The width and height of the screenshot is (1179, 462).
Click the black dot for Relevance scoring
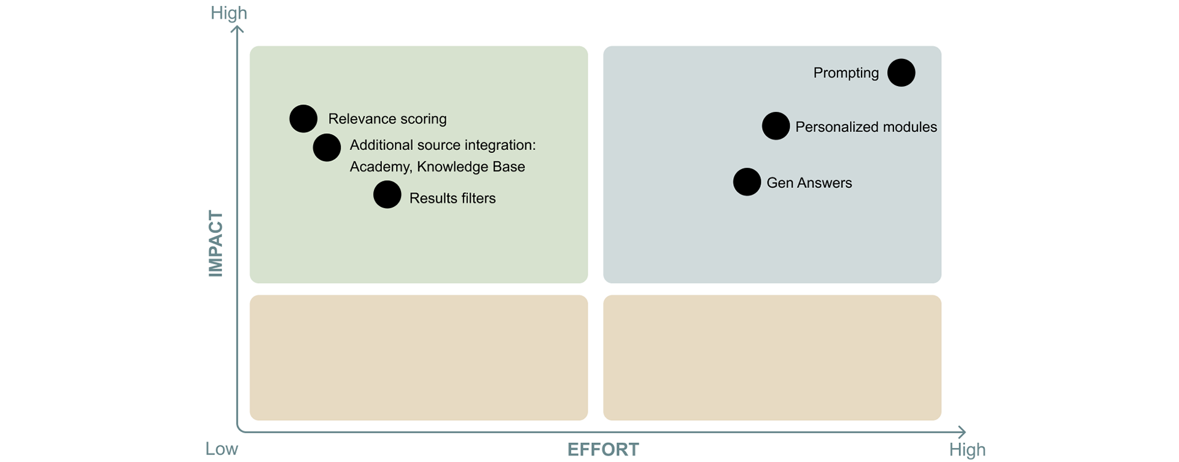tap(303, 119)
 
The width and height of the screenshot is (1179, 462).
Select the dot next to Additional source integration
tap(327, 147)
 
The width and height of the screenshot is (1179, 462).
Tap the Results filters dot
tap(387, 195)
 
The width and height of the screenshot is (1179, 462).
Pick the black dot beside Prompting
tap(901, 72)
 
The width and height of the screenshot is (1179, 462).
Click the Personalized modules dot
tap(776, 126)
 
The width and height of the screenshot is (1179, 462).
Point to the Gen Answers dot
tap(747, 182)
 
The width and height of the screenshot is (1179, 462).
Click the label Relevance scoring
tap(387, 119)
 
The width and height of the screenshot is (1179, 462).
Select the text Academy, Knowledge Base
tap(437, 166)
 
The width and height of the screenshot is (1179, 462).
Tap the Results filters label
tap(452, 198)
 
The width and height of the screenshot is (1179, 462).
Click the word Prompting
tap(846, 72)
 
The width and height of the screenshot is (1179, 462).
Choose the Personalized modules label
tap(866, 127)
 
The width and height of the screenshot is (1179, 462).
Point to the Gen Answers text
tap(809, 182)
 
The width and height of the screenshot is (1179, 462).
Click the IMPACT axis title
tap(216, 244)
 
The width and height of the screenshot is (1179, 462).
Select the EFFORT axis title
tap(602, 450)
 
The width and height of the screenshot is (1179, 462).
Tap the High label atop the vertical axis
tap(228, 13)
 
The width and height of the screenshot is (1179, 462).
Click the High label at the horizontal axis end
tap(967, 450)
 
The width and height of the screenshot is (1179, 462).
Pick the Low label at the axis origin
tap(221, 449)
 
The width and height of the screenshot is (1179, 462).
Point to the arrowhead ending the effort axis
tap(961, 432)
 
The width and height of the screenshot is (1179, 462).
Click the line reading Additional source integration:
tap(442, 145)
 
